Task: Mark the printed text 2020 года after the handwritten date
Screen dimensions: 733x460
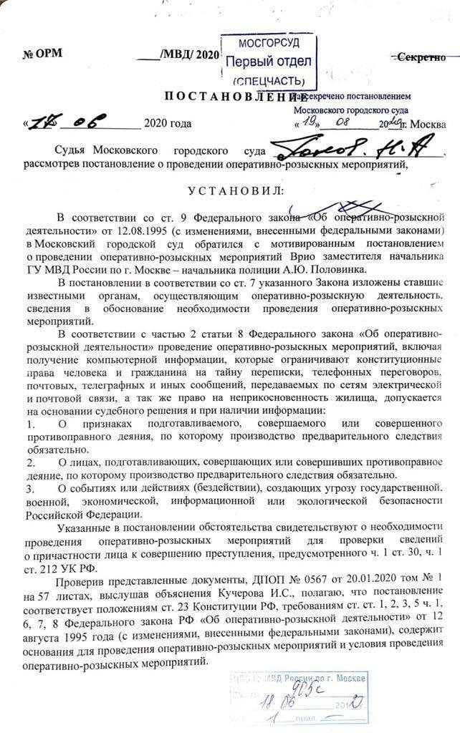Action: pos(168,124)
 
